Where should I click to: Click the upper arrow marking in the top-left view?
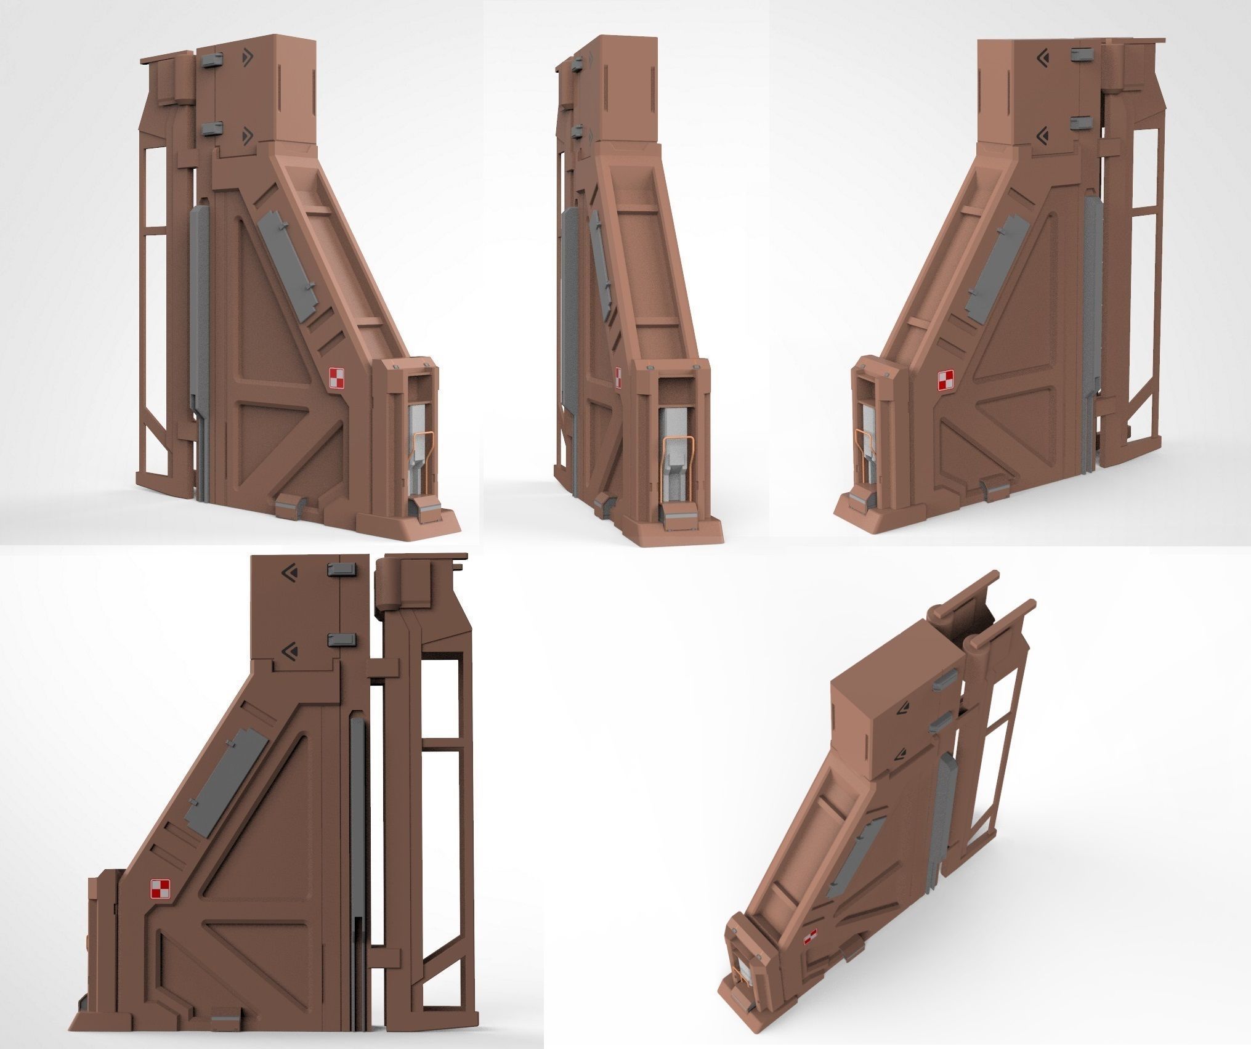[248, 57]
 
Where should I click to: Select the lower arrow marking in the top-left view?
[248, 132]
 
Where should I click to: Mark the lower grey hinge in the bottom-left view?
[342, 640]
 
